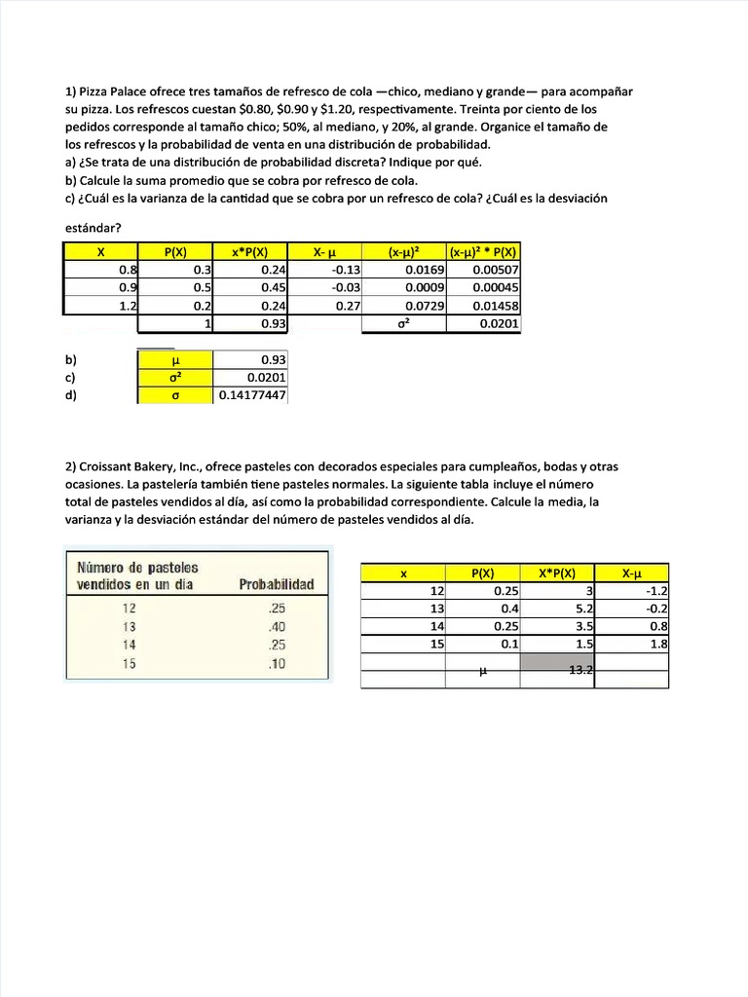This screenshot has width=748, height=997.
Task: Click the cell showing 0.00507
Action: [496, 270]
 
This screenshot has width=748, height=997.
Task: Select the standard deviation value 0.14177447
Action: [251, 395]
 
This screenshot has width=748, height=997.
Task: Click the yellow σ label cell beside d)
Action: [174, 395]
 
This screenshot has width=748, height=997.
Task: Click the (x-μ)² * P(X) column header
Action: [484, 252]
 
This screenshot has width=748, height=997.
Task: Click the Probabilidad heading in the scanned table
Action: [277, 584]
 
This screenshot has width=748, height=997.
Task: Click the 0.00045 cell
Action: [496, 287]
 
